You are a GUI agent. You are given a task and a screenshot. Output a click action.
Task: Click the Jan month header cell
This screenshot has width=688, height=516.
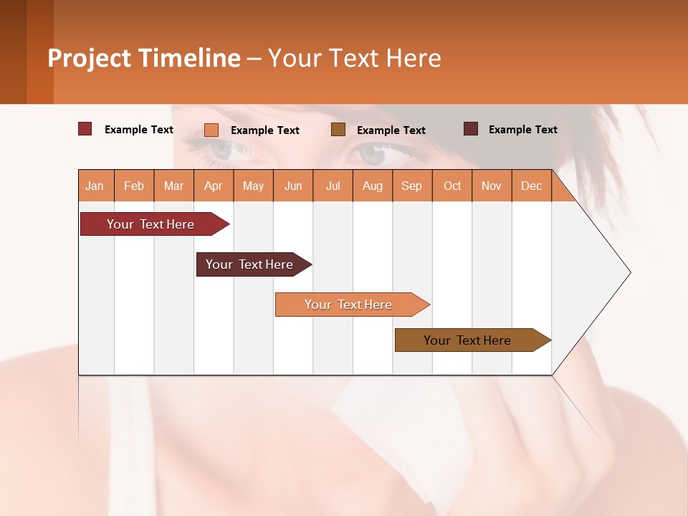95,186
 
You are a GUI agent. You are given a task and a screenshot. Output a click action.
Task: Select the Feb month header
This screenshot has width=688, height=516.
134,186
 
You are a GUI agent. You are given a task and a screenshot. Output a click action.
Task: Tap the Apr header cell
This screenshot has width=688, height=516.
213,186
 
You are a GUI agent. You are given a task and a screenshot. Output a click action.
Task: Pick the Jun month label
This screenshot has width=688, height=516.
293,186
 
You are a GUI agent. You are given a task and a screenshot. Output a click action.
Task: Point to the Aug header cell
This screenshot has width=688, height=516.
372,186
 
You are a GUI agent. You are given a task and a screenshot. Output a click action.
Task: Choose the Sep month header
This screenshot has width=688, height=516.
411,186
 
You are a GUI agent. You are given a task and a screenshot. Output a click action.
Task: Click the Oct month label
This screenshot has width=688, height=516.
452,186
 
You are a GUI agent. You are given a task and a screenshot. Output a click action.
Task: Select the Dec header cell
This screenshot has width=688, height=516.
531,186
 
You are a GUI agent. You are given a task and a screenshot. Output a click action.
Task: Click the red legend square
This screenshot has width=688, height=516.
85,129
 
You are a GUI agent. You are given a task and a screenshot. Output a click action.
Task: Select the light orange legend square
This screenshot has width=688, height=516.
211,130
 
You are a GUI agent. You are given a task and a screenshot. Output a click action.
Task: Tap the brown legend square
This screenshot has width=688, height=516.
338,129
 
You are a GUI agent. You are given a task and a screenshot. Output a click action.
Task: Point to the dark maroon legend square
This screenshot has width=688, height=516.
471,129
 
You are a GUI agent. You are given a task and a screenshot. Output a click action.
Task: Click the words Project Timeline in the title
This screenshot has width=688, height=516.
143,58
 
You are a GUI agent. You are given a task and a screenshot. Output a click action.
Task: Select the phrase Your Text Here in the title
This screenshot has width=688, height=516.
354,58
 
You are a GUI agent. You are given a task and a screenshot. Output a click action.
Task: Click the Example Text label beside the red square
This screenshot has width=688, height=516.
139,130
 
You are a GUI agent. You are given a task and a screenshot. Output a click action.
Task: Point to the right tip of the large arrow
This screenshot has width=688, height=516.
629,272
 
